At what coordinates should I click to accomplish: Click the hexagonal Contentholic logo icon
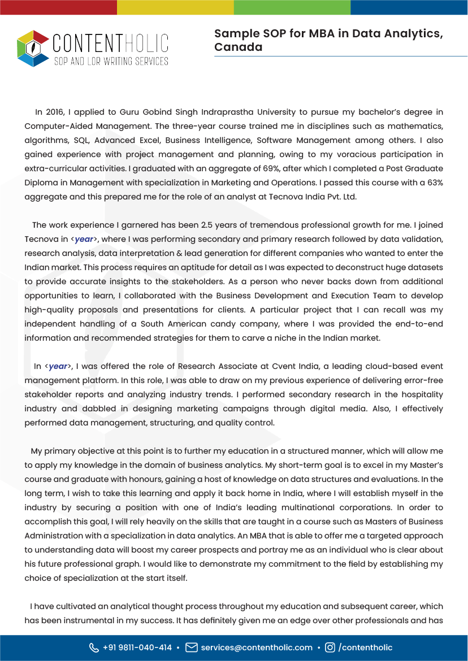click(33, 49)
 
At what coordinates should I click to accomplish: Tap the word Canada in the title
click(238, 47)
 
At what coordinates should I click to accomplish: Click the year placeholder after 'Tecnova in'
click(84, 239)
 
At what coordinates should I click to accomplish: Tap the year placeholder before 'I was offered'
click(58, 366)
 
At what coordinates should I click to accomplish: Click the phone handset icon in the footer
click(94, 647)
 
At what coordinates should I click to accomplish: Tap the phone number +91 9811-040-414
click(137, 647)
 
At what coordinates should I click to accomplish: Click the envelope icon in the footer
click(192, 647)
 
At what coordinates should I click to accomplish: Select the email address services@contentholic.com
click(257, 647)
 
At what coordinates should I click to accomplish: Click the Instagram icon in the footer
click(330, 647)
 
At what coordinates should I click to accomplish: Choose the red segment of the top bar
click(58, 7)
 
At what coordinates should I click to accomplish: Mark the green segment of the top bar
click(292, 7)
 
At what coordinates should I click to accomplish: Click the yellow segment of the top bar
click(175, 7)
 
